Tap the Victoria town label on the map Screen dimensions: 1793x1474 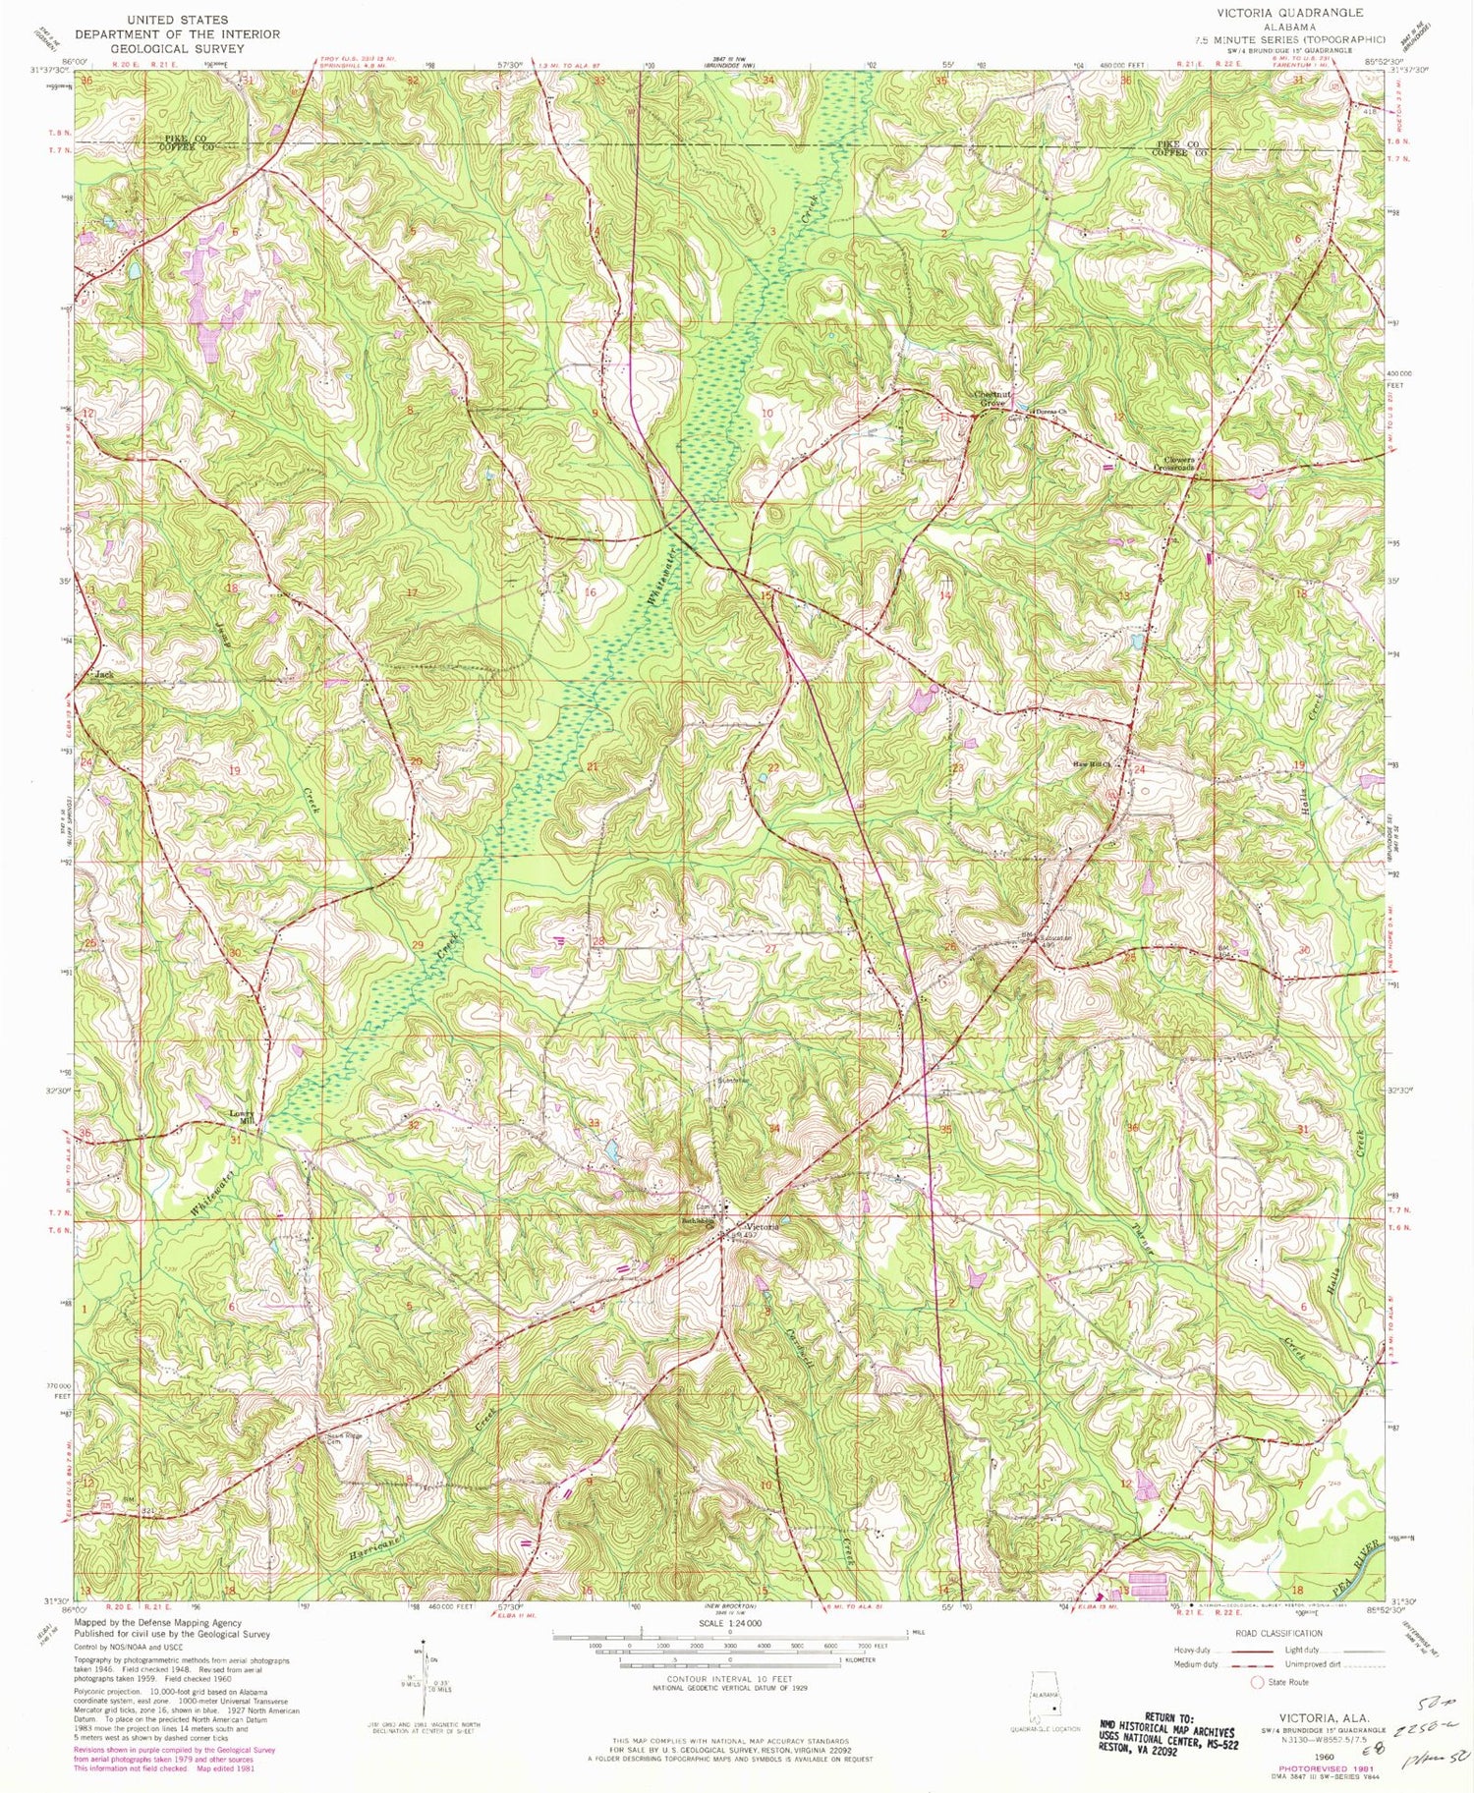click(762, 1227)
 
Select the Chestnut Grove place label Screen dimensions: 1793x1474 click(991, 399)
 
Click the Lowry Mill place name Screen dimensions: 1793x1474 click(241, 1117)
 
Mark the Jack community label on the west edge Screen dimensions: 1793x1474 click(101, 676)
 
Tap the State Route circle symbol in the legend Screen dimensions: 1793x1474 click(1257, 1682)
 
